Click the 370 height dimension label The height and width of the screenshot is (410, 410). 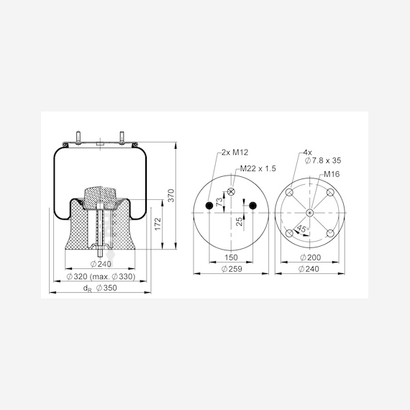point(170,196)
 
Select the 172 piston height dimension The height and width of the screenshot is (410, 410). point(158,224)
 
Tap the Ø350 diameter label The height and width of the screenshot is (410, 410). point(106,288)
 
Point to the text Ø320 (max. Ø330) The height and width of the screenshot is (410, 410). point(101,276)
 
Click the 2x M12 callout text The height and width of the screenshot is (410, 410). point(234,152)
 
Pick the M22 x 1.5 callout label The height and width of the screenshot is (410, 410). point(258,168)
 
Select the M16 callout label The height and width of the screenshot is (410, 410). point(332,174)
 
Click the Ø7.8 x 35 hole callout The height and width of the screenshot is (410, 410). point(323,160)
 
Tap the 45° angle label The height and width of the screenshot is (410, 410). point(303,229)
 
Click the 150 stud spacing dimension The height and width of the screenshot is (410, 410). point(231,258)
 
